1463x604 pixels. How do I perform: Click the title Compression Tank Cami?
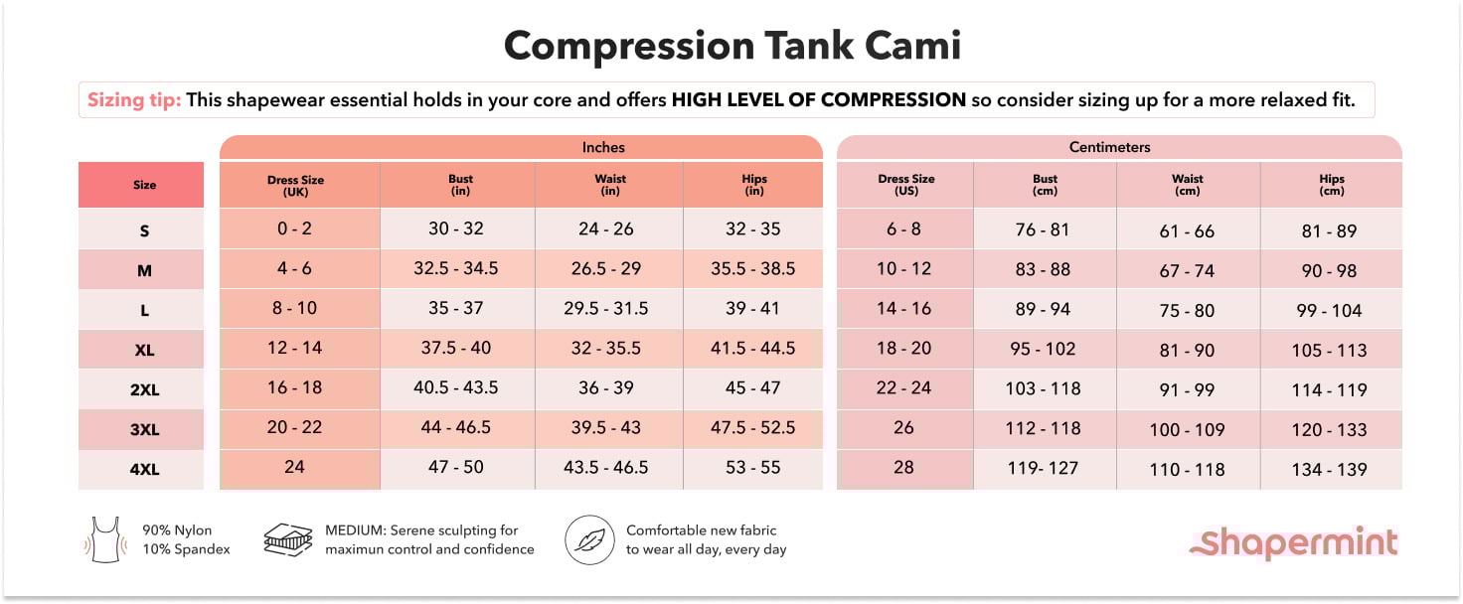731,46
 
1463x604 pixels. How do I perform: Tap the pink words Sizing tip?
133,100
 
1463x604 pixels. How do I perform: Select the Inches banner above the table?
603,147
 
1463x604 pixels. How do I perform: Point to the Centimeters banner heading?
1109,147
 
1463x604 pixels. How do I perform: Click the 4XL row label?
144,470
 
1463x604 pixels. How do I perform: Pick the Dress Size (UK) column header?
296,185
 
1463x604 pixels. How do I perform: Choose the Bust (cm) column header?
1045,185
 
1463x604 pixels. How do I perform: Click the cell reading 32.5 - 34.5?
456,269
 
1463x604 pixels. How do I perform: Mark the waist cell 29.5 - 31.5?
606,309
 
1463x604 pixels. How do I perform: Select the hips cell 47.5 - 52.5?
753,428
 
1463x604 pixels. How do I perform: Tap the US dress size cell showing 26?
903,428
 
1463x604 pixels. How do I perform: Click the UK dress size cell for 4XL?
294,467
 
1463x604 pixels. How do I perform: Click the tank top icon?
104,539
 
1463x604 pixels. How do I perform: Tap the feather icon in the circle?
590,539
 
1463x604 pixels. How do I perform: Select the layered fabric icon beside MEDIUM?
288,539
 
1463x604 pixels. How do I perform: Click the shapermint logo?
1295,542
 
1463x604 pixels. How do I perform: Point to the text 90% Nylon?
177,530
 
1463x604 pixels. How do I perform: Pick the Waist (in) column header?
607,185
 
